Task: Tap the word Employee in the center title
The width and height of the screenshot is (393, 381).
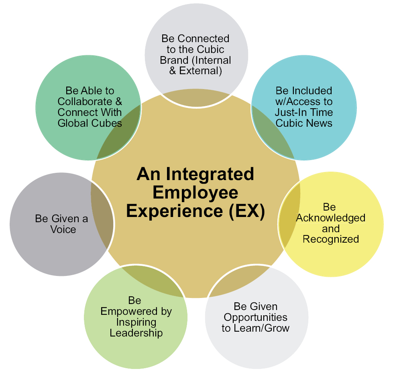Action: click(x=195, y=193)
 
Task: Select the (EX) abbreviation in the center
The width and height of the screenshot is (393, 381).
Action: click(x=247, y=211)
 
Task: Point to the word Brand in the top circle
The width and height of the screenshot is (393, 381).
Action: click(x=174, y=60)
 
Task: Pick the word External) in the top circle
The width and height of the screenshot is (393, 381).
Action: click(x=200, y=71)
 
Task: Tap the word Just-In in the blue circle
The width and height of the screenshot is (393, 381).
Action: click(x=290, y=112)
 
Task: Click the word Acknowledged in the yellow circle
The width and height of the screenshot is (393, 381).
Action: click(x=331, y=218)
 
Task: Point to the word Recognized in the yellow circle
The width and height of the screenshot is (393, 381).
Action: click(x=331, y=239)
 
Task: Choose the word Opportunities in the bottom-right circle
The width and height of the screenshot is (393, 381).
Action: click(x=255, y=318)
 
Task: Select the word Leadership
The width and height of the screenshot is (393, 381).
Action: click(x=136, y=333)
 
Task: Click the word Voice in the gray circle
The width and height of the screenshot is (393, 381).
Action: click(x=63, y=229)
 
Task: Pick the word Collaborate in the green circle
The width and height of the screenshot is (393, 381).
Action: click(x=85, y=101)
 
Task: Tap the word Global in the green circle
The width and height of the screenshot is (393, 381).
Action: click(x=73, y=123)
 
